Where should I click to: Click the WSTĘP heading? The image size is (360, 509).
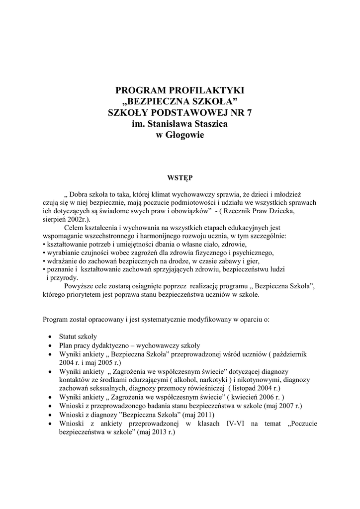(x=180, y=176)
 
